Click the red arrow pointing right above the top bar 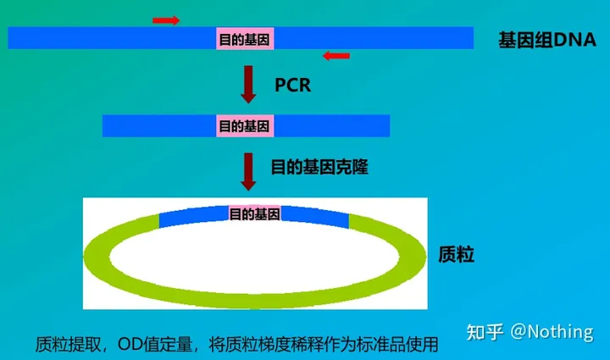click(x=166, y=19)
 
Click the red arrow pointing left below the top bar click(x=336, y=56)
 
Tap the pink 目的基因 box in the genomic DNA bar click(x=246, y=38)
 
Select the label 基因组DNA click(x=546, y=40)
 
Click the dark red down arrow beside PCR click(x=248, y=84)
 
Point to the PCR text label click(x=293, y=85)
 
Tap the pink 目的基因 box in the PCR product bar click(x=246, y=126)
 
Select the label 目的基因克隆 click(x=319, y=168)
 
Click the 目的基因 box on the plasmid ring click(x=254, y=213)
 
